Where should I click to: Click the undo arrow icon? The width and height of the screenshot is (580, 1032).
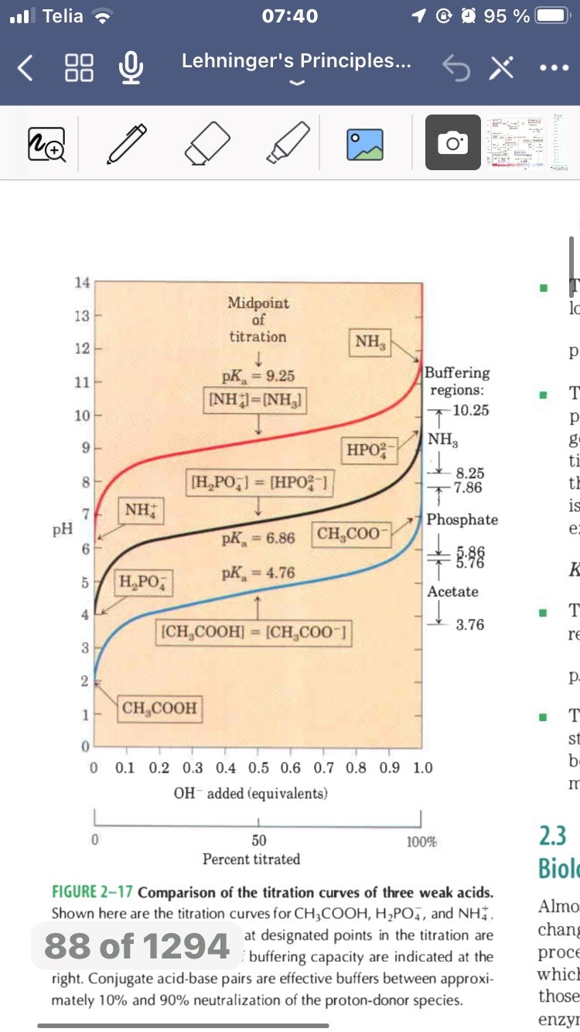(x=455, y=69)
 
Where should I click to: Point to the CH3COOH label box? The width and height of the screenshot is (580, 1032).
(x=159, y=707)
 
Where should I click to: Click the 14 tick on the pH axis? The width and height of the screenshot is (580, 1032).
(x=81, y=282)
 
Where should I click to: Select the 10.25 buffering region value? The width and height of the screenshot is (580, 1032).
(x=470, y=410)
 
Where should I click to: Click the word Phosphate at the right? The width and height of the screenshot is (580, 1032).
(x=462, y=519)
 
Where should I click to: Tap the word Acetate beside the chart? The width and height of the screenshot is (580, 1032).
(x=452, y=592)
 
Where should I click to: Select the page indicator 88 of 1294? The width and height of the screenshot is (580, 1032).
(x=137, y=945)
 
